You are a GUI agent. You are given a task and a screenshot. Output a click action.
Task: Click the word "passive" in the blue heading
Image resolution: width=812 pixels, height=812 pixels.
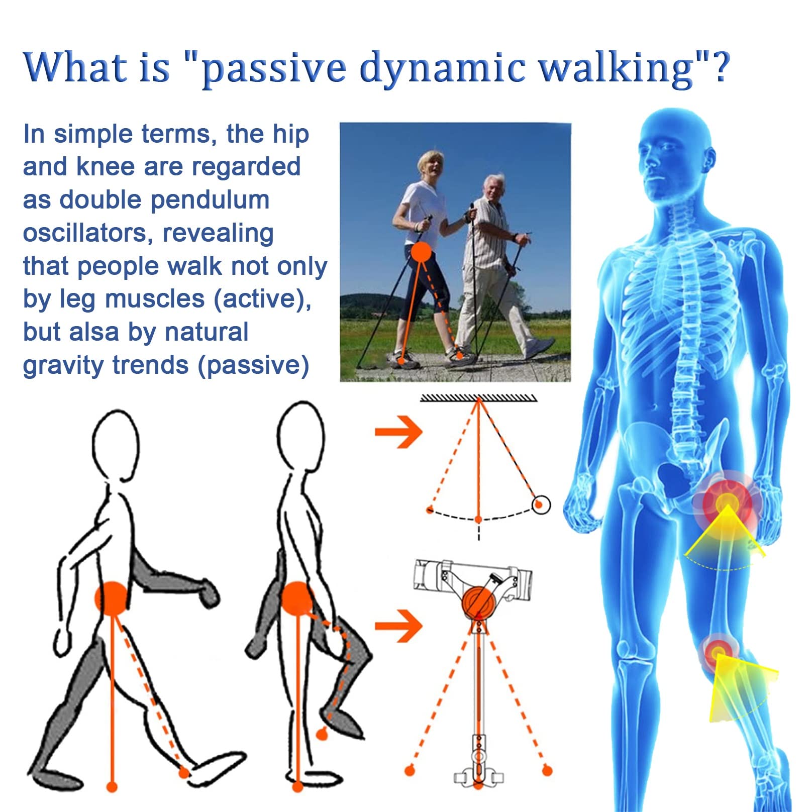point(274,68)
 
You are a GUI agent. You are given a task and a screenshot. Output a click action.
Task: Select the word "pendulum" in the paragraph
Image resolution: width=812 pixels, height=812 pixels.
point(210,200)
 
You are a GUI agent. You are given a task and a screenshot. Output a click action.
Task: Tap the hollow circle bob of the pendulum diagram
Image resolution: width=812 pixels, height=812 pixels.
point(541,504)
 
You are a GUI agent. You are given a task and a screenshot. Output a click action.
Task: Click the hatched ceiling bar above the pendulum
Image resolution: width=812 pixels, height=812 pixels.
point(478,398)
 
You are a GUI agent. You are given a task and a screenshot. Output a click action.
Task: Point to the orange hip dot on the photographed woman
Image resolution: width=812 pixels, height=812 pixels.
point(421,252)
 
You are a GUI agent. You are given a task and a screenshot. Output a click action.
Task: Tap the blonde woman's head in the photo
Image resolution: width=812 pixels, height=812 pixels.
point(431,164)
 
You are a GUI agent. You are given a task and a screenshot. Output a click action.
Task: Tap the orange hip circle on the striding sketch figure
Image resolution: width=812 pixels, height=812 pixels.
point(112,598)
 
